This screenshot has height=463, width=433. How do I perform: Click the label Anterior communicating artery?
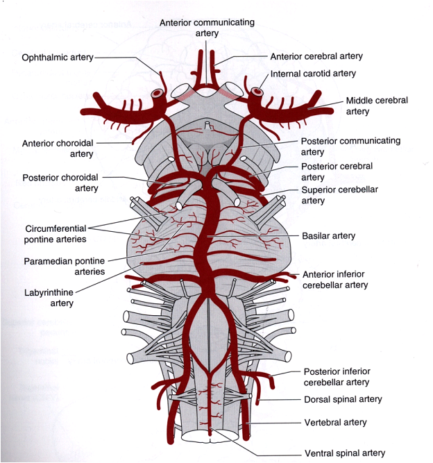207,28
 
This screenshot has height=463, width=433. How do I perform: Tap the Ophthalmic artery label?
53,57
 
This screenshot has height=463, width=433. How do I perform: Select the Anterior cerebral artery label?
316,56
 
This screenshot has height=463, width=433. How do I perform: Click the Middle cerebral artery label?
377,106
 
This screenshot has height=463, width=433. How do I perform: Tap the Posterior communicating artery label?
350,146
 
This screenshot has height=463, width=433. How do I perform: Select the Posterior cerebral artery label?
337,171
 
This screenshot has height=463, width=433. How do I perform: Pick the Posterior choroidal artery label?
60,183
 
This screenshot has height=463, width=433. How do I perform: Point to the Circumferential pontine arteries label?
56,233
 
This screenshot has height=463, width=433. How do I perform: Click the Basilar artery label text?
328,235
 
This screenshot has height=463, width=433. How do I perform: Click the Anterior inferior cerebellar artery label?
335,279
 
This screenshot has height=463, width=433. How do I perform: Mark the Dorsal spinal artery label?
343,399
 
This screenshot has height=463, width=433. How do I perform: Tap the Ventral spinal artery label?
344,453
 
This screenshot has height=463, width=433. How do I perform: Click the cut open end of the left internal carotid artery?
158,92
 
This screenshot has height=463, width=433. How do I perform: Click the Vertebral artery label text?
335,422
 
